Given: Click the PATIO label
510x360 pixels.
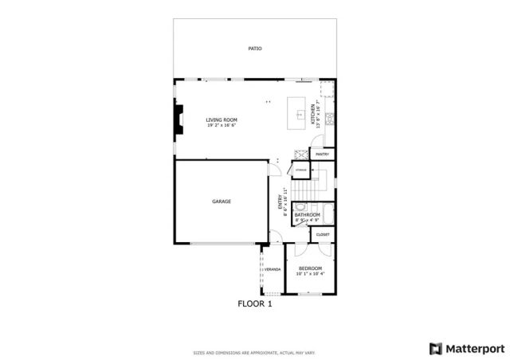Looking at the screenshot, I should coord(254,49).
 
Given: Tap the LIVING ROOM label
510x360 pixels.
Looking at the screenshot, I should coord(222,119).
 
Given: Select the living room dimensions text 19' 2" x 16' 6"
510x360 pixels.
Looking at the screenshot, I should coord(222,125).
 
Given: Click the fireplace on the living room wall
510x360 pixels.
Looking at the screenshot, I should coord(178,118).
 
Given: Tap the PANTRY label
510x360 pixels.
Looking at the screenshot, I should coord(323,154).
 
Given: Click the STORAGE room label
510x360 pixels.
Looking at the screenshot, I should coord(300,170).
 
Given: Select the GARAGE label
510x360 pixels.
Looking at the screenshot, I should coord(222,202).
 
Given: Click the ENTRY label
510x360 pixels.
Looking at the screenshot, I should coord(280,202).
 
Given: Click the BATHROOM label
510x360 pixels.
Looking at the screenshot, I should coord(307,214).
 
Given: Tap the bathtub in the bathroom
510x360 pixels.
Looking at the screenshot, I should coord(328,215).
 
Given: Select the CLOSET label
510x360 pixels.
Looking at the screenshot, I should coord(323,234).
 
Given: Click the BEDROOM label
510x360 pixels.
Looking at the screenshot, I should coord(310,268).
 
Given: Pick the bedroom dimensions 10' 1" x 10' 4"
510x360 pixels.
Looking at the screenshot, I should coord(310,274).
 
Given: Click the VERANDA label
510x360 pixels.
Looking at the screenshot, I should coord(273,270).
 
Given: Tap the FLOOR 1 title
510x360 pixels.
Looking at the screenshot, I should coord(255,303).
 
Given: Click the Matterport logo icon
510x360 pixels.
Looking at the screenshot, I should coord(434,347).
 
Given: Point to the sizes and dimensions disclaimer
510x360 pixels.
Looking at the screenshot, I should coord(254,353).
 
